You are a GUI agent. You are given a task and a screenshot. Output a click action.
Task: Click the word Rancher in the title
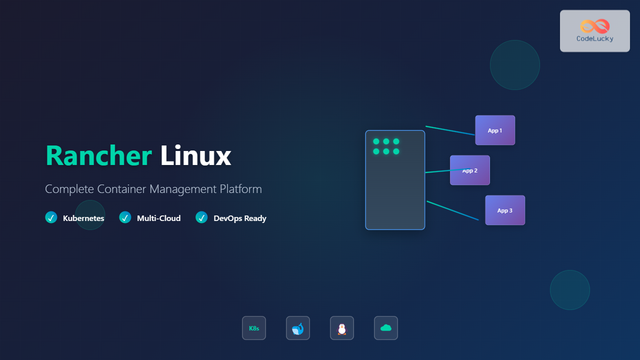tap(98, 156)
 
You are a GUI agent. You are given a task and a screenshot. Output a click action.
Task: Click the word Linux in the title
tap(195, 156)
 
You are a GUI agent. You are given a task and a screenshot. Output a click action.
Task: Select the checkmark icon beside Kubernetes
tap(51, 217)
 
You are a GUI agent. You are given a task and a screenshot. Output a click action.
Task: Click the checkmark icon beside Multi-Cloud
tap(125, 217)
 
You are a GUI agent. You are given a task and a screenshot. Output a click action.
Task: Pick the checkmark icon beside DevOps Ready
tap(201, 217)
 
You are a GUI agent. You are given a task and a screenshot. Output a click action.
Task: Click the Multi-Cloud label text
tap(158, 218)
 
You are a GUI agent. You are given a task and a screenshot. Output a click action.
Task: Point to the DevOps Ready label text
tap(239, 218)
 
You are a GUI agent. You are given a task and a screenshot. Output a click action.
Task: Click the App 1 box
tap(495, 130)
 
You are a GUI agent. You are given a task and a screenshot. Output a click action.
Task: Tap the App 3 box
tap(505, 210)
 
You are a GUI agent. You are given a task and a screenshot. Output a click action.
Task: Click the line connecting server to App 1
tap(450, 130)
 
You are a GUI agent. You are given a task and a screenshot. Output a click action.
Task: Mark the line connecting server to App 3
tap(452, 210)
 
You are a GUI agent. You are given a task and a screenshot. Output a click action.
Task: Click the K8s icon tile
tap(254, 328)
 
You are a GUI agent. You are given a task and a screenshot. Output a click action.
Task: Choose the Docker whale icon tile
tap(298, 328)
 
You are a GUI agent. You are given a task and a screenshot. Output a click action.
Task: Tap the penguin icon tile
tap(342, 328)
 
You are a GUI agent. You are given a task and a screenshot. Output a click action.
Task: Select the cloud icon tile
tap(386, 328)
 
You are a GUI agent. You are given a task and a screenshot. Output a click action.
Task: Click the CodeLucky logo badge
tap(594, 31)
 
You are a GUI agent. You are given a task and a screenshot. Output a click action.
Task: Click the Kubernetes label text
tap(83, 218)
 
